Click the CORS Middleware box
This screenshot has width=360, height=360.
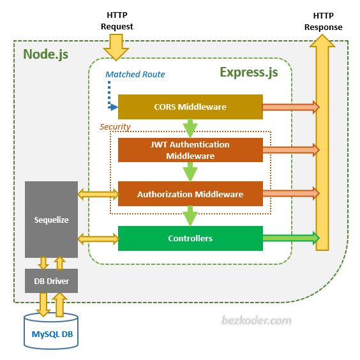(190, 107)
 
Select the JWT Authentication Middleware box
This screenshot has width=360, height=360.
(190, 150)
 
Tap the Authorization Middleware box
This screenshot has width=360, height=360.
(190, 194)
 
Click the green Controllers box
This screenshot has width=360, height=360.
(190, 238)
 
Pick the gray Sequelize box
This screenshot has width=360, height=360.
(51, 220)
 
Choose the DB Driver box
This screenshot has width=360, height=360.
(51, 281)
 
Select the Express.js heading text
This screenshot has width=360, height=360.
(249, 71)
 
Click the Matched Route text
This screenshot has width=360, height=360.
(135, 75)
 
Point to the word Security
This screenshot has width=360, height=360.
(115, 126)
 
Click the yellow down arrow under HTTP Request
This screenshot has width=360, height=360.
(117, 47)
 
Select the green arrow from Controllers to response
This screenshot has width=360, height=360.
(290, 238)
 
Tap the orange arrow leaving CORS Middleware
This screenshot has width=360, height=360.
(290, 107)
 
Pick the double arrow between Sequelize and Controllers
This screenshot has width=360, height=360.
(98, 239)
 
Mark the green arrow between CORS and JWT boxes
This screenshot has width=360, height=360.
(190, 128)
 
